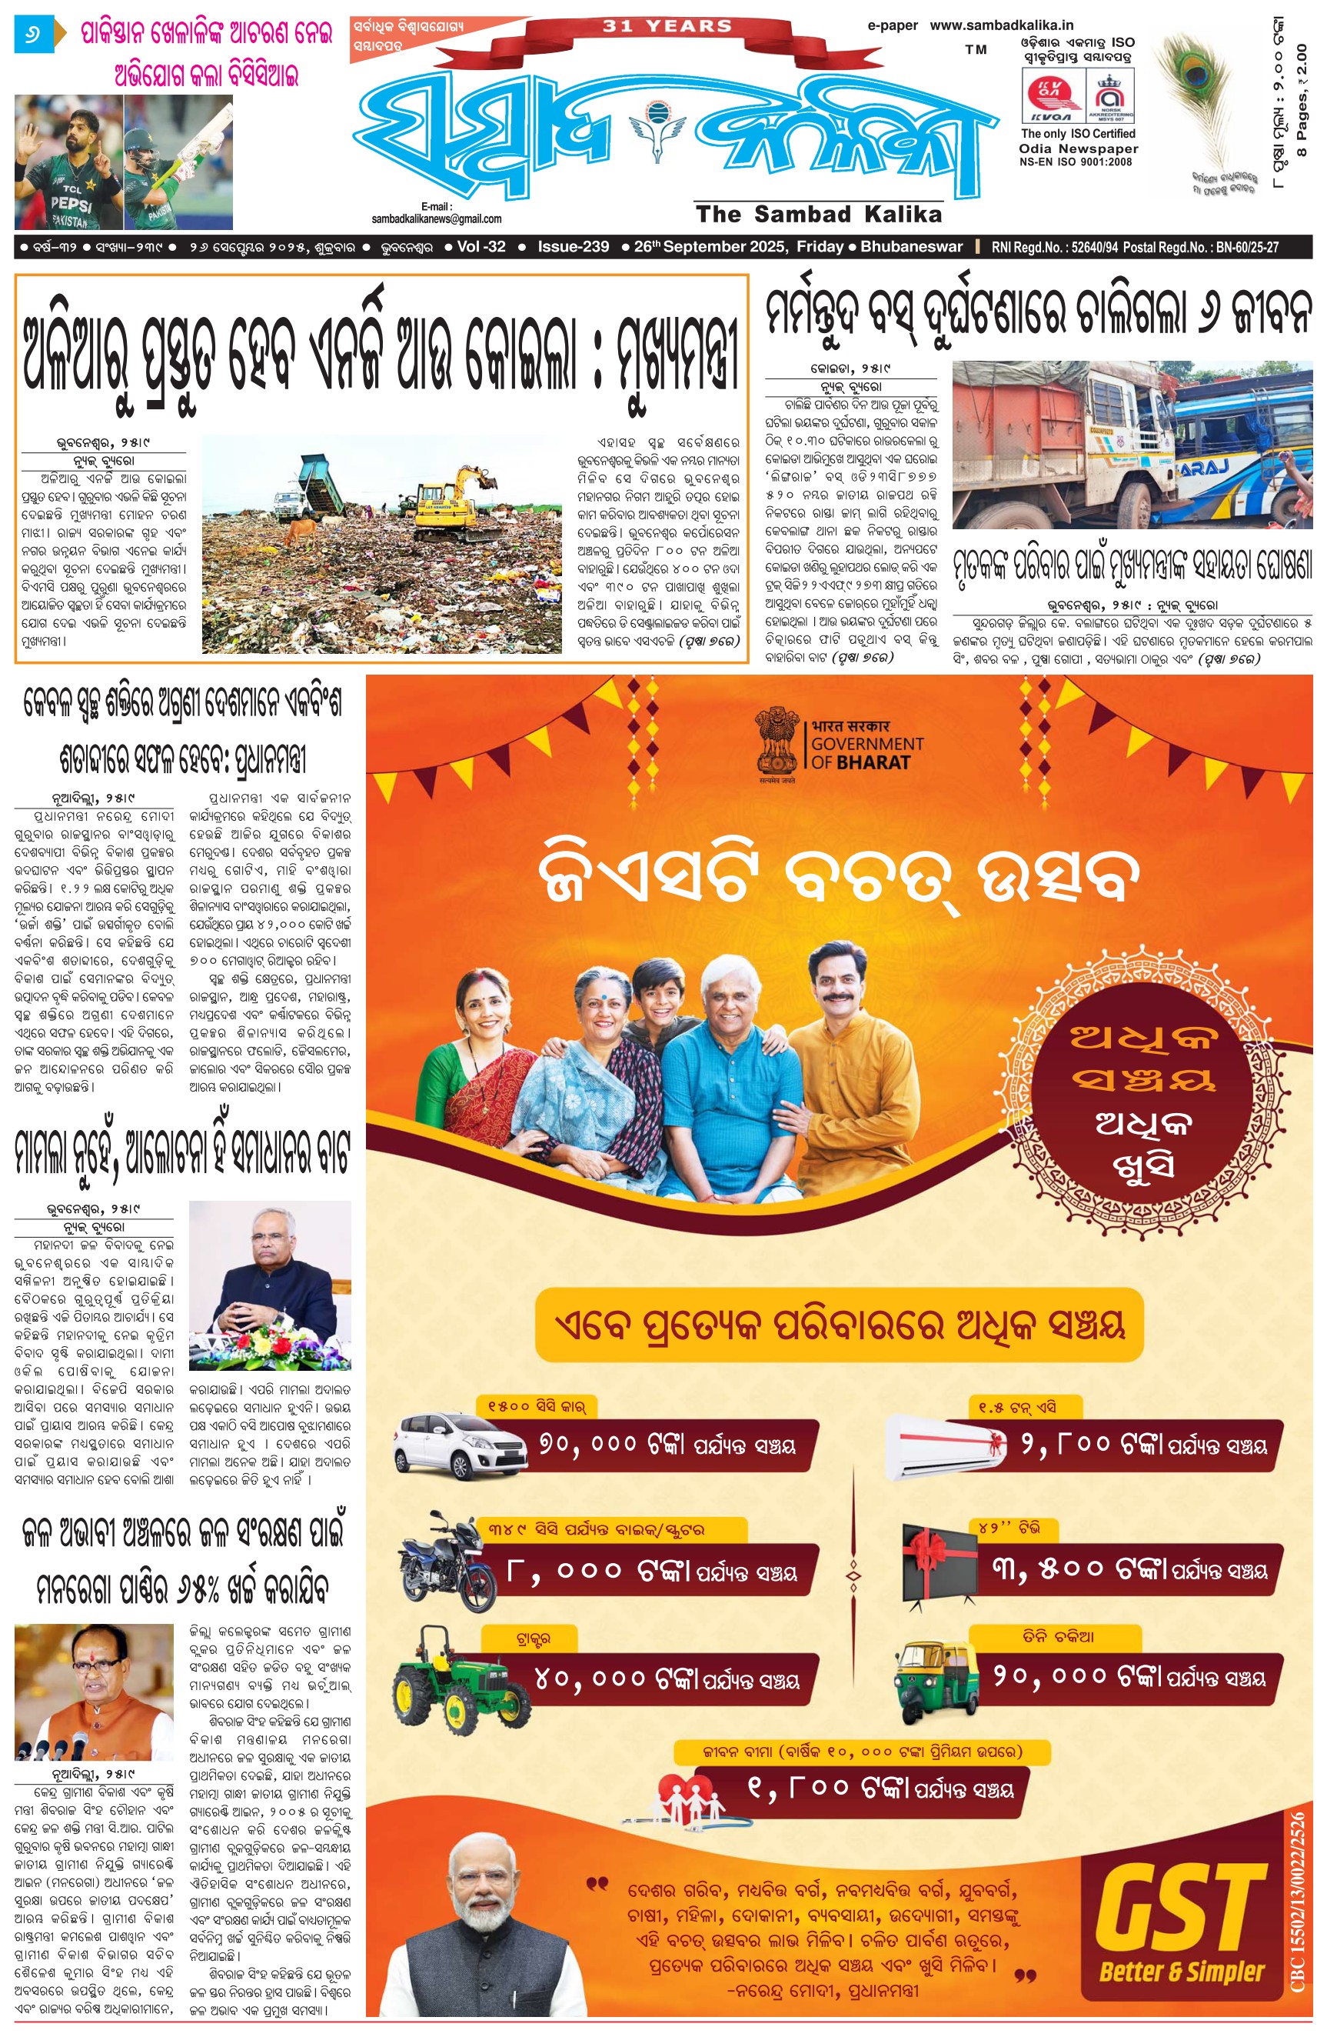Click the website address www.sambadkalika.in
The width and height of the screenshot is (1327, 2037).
[x=1001, y=25]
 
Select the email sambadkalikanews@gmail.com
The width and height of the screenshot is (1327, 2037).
[x=437, y=219]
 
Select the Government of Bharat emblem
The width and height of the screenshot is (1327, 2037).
[x=776, y=743]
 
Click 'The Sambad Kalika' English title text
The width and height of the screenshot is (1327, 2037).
[x=819, y=214]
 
